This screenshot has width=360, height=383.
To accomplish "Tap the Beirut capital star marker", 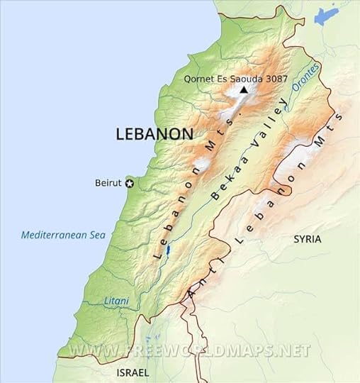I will [130, 183].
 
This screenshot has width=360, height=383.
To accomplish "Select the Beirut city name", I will [108, 183].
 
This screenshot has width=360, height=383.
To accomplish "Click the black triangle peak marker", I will [244, 90].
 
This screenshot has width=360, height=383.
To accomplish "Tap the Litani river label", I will [117, 301].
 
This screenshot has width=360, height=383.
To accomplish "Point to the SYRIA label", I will [308, 240].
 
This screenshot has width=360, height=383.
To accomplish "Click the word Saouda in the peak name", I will [240, 79].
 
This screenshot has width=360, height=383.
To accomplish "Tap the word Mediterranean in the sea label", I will [50, 235].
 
